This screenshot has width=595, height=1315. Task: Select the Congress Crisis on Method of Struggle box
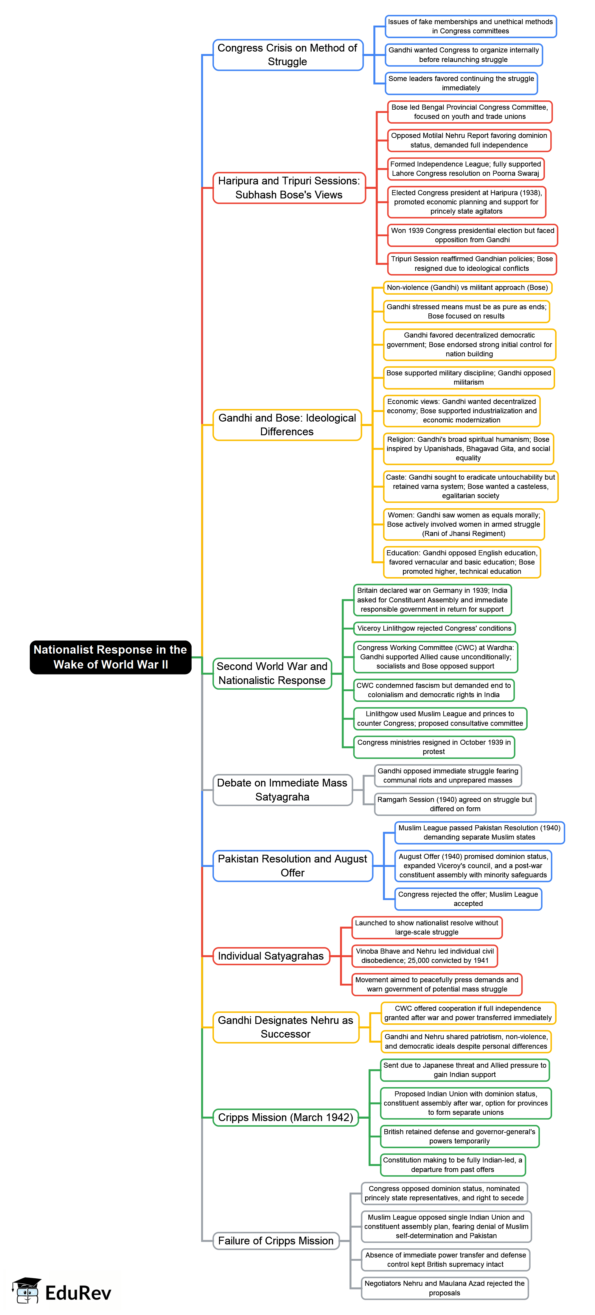[288, 55]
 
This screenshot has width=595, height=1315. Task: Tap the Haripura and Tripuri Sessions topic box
[289, 188]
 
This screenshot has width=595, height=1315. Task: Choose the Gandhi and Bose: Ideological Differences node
[287, 425]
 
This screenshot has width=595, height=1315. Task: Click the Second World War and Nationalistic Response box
[272, 673]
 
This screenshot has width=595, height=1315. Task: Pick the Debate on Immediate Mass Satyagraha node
[282, 790]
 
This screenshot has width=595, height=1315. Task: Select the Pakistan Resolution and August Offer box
[293, 866]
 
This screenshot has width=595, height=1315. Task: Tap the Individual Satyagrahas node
[271, 956]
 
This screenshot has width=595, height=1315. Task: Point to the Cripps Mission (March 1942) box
[285, 1117]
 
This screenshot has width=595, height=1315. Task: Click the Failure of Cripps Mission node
[276, 1241]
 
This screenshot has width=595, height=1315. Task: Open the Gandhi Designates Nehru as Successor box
[285, 1027]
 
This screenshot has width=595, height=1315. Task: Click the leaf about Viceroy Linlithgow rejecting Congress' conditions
[434, 628]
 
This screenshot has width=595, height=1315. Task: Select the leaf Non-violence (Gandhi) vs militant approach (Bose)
[467, 287]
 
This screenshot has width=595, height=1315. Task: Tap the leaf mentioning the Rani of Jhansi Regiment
[464, 524]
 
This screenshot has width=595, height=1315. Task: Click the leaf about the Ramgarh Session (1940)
[455, 804]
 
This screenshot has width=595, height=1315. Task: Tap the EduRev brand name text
[78, 1293]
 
